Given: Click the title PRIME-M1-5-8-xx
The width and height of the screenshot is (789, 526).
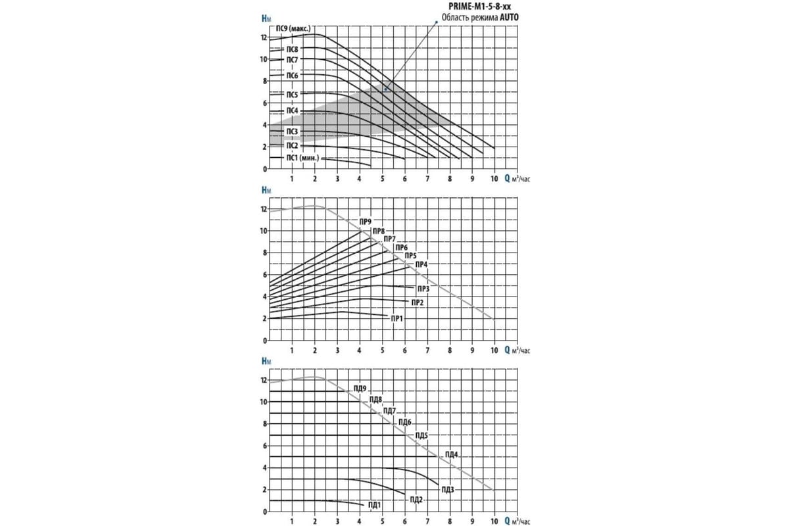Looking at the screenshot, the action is tap(479, 7).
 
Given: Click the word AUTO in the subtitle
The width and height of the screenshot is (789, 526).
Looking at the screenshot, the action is tap(510, 17).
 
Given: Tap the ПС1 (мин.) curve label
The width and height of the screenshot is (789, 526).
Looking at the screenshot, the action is tap(302, 158).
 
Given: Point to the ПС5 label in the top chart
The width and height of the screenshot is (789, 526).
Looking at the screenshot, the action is tap(292, 95).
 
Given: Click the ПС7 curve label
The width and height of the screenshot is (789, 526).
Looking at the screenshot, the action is tap(292, 60).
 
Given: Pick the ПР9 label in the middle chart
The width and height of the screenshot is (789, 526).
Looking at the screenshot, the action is tap(366, 222).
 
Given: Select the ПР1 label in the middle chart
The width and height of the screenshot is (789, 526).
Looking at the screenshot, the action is tap(397, 318).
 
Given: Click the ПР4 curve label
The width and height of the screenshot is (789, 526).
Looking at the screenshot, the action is tap(421, 264).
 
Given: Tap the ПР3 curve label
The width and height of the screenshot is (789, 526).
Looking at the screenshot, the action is tap(423, 289).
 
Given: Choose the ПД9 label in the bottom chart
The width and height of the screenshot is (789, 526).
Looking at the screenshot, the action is tap(360, 389).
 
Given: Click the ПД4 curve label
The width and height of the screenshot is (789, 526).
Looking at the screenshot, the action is tap(452, 454).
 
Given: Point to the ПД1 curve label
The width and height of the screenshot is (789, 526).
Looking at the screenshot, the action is tap(374, 505).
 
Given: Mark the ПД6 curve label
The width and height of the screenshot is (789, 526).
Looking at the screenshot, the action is tap(405, 422).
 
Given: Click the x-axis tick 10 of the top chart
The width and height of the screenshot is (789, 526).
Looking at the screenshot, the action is tap(494, 179).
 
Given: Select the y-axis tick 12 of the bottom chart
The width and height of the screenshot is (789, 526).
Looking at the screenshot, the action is tap(264, 380).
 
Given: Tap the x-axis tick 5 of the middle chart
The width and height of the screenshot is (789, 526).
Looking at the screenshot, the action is tap(382, 350).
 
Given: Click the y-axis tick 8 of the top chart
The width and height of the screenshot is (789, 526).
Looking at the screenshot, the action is tap(265, 81).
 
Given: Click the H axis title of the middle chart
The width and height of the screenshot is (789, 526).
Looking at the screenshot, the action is tap(266, 190).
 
